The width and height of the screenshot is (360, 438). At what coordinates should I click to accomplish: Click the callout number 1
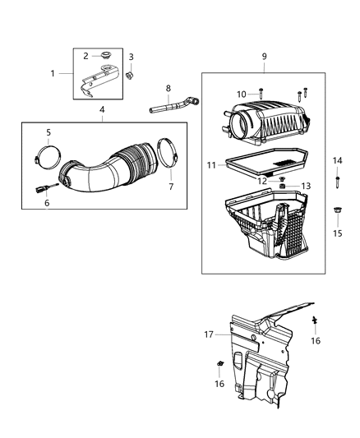coord(53,73)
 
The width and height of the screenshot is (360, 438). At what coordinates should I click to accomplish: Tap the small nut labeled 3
coord(130,76)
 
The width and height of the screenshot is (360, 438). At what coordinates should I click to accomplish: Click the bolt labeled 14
coord(337,179)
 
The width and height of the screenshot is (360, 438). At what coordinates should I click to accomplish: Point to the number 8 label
coord(168,89)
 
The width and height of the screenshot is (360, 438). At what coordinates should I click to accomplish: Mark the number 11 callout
coord(211,164)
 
